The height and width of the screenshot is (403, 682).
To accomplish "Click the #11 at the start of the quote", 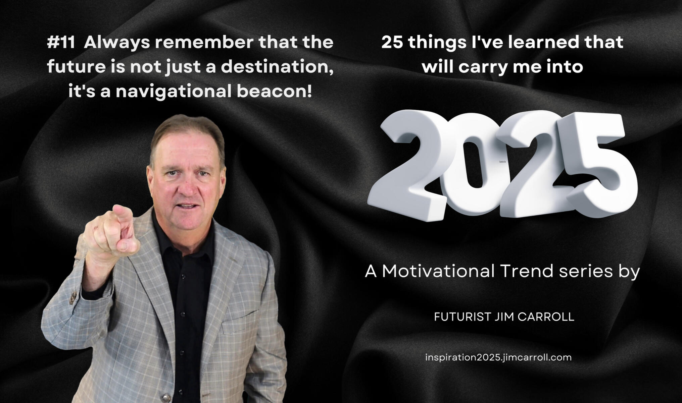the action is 61,42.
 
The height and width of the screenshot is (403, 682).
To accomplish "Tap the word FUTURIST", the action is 463,317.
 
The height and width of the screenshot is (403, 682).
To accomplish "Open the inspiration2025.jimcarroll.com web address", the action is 498,358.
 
